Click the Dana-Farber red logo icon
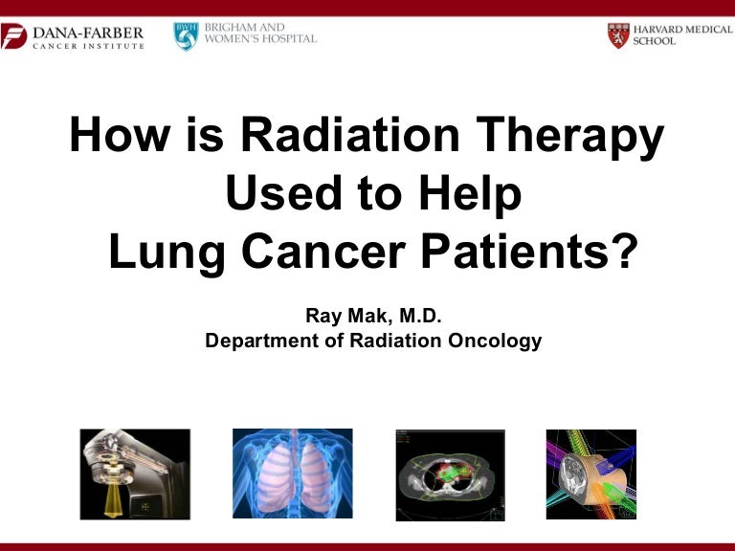(14, 37)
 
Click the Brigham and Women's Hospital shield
(185, 36)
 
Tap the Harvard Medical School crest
(617, 36)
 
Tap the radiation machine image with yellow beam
(135, 474)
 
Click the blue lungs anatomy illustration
(292, 474)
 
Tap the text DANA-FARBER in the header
(88, 33)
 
